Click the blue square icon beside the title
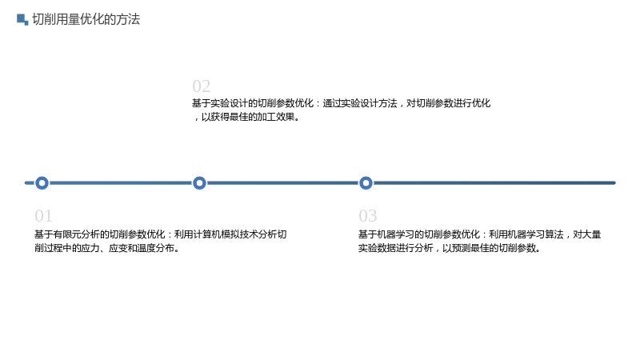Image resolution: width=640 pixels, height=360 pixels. (x=22, y=19)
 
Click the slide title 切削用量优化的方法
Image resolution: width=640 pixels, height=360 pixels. (x=86, y=19)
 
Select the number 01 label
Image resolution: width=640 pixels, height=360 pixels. (x=43, y=216)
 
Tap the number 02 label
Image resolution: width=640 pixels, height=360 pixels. (x=202, y=86)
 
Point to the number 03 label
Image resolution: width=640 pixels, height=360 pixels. (x=368, y=216)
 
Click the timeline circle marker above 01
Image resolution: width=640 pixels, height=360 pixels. (x=42, y=183)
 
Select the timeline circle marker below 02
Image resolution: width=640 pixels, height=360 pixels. (x=199, y=183)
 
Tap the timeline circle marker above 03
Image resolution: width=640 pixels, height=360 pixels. (x=366, y=183)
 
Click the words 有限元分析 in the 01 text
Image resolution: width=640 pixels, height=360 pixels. (x=76, y=234)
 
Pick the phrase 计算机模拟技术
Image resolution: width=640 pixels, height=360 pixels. (x=216, y=234)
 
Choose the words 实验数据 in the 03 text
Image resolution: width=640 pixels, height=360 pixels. (x=377, y=248)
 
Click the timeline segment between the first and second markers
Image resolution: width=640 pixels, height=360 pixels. (x=121, y=183)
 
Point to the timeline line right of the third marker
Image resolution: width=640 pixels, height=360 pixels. (x=494, y=183)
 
